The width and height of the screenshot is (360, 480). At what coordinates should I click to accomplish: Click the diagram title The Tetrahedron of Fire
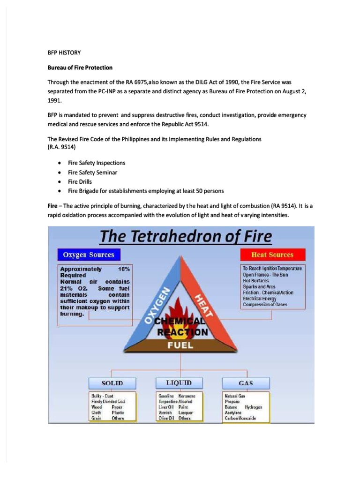(x=186, y=237)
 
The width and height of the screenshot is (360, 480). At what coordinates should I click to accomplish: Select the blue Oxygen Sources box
(x=89, y=255)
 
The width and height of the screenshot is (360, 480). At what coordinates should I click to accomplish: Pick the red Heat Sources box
(x=272, y=255)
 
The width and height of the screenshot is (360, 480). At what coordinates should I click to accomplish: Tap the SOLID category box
(x=112, y=383)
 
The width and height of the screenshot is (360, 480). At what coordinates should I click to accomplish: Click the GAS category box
(x=246, y=383)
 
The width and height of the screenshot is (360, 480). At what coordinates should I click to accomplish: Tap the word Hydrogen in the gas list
(x=254, y=407)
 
